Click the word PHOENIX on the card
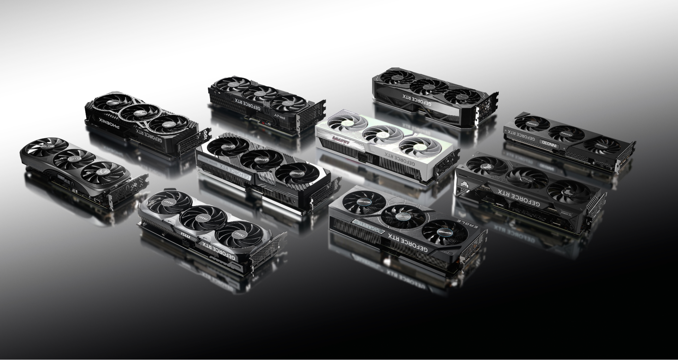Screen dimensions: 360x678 [109, 124]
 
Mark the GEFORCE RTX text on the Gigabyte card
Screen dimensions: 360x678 [408, 243]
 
